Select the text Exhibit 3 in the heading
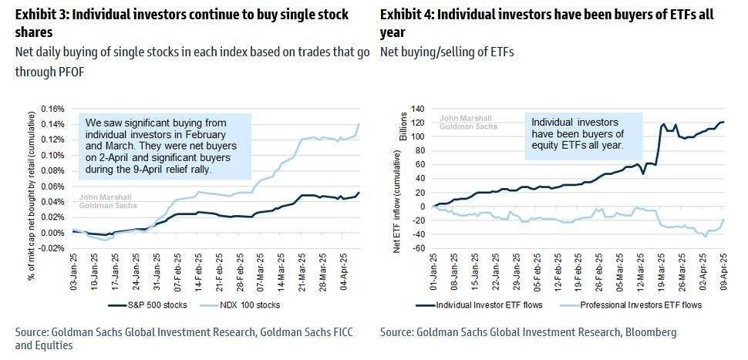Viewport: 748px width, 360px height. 42,15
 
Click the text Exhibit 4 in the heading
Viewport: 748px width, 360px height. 408,15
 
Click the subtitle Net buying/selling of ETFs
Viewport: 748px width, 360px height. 447,52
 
